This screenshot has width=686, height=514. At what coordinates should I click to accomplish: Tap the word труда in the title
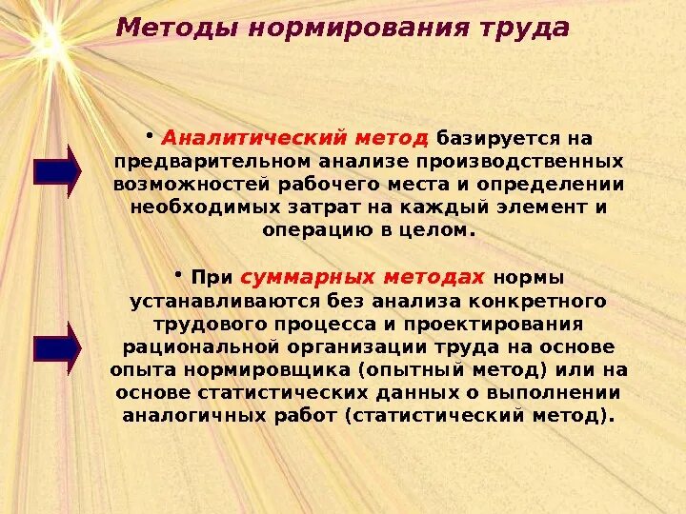pos(524,28)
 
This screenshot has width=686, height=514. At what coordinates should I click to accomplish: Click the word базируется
pos(489,139)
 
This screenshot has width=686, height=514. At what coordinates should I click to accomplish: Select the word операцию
pos(307,230)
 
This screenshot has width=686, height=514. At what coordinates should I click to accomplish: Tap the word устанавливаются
pos(206,301)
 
